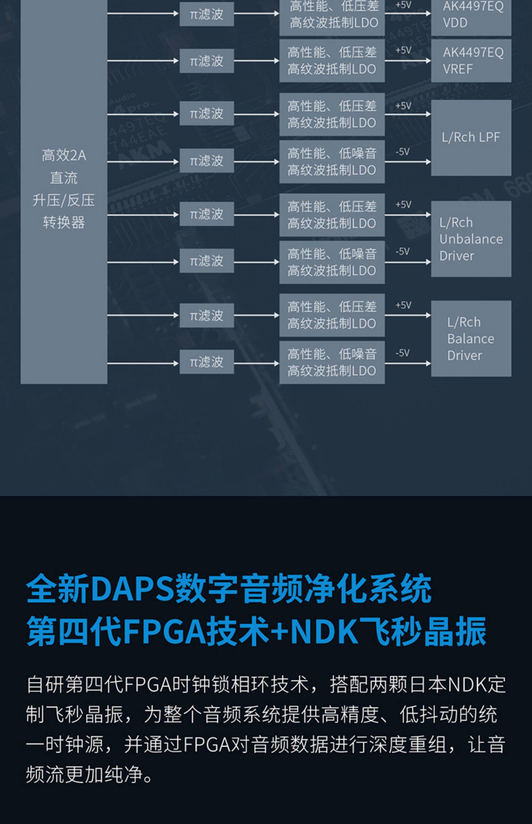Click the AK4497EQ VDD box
point(471,16)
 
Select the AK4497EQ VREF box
point(471,61)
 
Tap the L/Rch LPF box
point(471,137)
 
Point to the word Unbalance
point(471,239)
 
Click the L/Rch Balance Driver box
point(471,339)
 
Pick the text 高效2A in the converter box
point(64,155)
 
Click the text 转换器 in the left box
point(64,223)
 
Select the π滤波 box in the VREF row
point(206,61)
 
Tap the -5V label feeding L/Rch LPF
point(403,152)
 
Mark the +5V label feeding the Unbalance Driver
point(403,204)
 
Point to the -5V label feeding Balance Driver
point(403,353)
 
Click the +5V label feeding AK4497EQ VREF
point(403,50)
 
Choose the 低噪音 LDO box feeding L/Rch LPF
point(332,162)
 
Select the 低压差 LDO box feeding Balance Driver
point(332,315)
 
